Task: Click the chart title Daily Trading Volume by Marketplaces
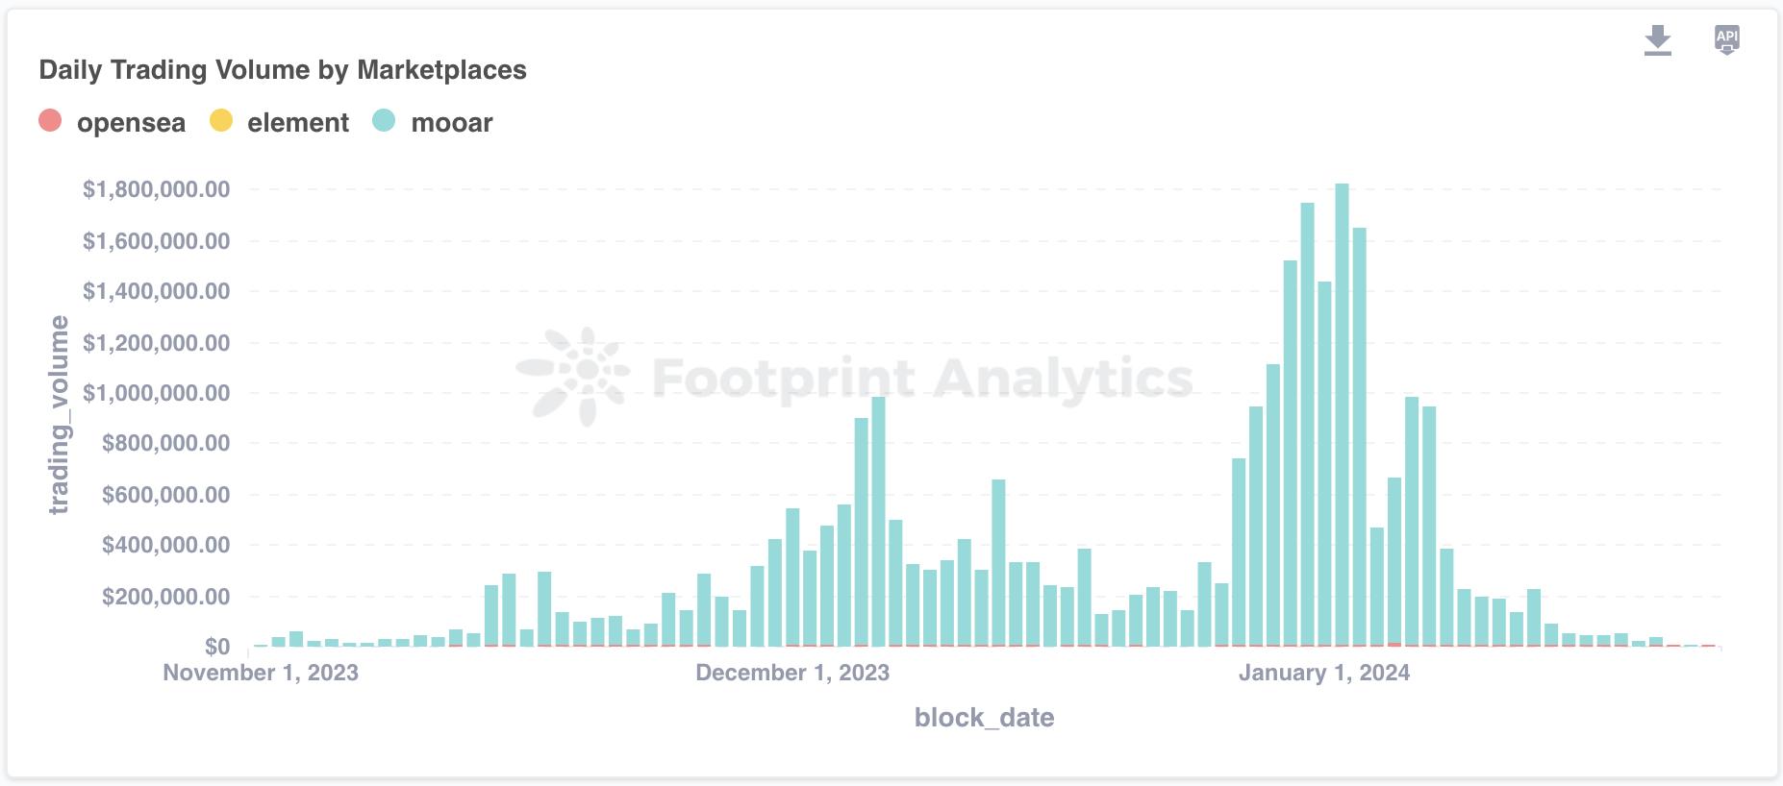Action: tap(283, 70)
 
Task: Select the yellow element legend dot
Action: tap(221, 121)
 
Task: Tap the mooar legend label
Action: tap(451, 123)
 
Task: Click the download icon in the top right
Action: tap(1657, 40)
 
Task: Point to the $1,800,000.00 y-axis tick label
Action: tap(157, 189)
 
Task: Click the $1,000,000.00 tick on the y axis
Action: tap(157, 393)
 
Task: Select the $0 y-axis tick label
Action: tap(216, 647)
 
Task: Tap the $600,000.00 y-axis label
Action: tap(165, 495)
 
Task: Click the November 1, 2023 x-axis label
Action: tap(261, 673)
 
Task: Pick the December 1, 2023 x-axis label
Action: tap(792, 673)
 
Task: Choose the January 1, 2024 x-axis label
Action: tap(1323, 673)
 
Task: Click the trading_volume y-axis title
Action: tap(60, 415)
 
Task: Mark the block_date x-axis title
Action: tap(984, 718)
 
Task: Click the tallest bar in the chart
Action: tap(1342, 413)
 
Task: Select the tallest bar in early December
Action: tap(877, 519)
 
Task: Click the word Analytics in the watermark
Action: tap(1063, 378)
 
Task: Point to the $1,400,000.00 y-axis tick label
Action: tap(157, 291)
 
